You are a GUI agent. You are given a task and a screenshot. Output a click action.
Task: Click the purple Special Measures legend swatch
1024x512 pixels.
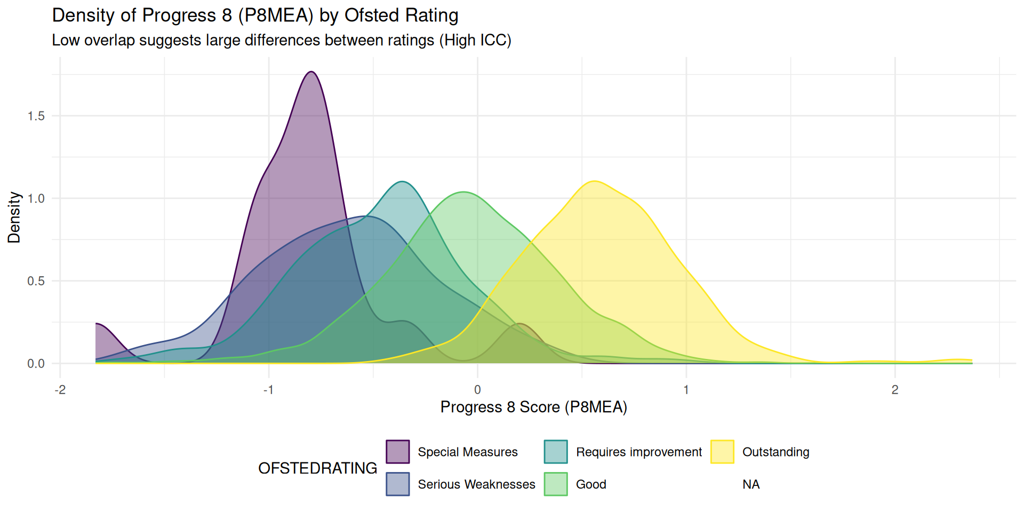[398, 452]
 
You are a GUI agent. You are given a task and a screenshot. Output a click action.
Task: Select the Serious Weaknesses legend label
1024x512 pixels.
[476, 484]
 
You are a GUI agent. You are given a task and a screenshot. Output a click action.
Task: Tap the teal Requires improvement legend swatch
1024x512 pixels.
[556, 452]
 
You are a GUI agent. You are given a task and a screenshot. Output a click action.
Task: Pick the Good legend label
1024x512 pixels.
[591, 484]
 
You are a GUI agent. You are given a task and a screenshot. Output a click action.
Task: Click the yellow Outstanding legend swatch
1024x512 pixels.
[722, 452]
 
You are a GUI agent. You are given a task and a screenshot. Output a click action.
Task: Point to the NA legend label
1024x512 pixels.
[751, 484]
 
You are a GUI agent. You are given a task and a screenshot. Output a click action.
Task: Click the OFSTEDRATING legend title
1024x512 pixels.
[317, 468]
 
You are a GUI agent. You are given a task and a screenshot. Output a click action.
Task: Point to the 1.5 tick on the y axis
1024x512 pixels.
[36, 116]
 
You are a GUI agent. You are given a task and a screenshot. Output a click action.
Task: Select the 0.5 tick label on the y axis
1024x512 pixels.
[36, 281]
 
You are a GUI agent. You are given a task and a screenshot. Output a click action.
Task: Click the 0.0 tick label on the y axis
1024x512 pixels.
[36, 364]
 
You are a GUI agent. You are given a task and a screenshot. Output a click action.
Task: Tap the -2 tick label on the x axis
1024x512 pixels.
[60, 390]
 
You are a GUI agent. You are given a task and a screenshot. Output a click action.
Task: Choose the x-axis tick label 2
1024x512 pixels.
[895, 390]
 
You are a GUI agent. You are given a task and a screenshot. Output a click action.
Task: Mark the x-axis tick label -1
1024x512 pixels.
[268, 390]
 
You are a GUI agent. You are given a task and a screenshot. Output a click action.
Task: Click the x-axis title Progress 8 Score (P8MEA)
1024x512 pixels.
[533, 407]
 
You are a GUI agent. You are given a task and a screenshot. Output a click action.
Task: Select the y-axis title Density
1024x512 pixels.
[14, 218]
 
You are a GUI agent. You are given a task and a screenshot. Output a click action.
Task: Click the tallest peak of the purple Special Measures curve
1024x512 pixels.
[311, 71]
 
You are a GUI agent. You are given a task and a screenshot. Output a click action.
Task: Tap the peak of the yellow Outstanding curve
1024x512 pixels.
[594, 181]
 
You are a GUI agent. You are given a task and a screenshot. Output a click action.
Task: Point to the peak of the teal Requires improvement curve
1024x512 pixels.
[403, 182]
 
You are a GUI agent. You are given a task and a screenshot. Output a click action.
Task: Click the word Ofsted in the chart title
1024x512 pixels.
[371, 15]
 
